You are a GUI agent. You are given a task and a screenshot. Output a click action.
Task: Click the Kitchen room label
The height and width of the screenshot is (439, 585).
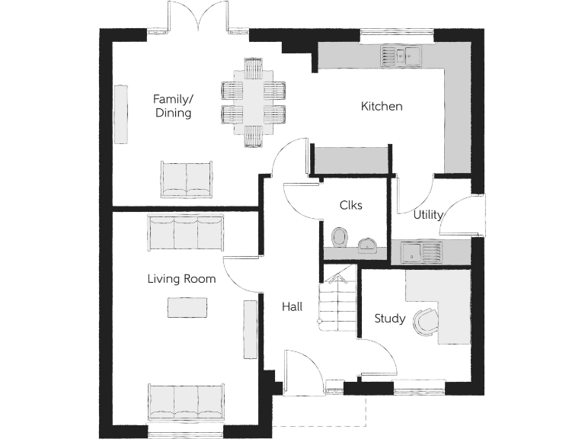click(382, 107)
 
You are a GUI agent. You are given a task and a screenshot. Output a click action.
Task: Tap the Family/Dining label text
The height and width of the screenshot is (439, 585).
click(173, 106)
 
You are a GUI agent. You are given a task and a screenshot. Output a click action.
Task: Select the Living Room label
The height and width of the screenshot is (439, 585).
click(181, 279)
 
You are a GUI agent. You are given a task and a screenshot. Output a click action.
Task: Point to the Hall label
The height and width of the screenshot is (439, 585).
click(292, 307)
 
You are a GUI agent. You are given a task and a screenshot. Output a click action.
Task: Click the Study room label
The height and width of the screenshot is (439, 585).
click(389, 319)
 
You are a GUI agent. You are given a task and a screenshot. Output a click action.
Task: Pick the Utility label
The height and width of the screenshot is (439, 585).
click(428, 215)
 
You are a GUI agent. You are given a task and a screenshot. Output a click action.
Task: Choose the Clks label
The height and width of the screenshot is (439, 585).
click(350, 205)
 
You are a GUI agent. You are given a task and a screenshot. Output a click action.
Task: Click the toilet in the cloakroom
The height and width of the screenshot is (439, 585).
click(340, 238)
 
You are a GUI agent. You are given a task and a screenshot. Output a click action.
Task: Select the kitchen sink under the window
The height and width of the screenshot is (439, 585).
click(401, 55)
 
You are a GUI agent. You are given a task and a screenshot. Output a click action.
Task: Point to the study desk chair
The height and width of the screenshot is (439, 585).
click(424, 321)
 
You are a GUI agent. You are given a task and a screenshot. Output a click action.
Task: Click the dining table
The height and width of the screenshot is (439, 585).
click(253, 102)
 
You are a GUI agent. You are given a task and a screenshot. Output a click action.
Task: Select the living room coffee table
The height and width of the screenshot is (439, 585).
click(187, 307)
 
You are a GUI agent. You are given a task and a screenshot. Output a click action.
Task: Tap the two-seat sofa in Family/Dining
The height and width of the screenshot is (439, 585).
click(187, 180)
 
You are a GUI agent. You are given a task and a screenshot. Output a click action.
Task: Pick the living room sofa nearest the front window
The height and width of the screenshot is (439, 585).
click(187, 402)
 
